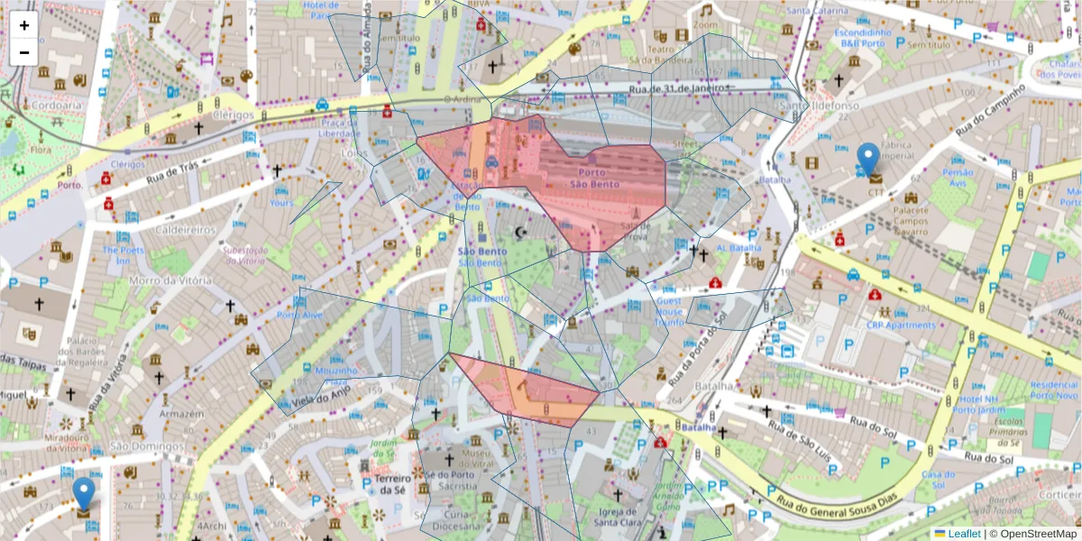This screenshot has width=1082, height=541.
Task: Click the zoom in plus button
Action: [24, 26]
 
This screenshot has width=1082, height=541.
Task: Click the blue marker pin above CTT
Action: [867, 159]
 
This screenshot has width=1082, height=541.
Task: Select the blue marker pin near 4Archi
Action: [84, 493]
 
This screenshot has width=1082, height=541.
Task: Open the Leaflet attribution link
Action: [964, 533]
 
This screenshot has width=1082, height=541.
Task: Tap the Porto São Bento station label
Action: [592, 178]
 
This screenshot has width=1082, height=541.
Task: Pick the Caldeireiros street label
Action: [184, 229]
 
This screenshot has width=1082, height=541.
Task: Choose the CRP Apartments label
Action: [901, 325]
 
